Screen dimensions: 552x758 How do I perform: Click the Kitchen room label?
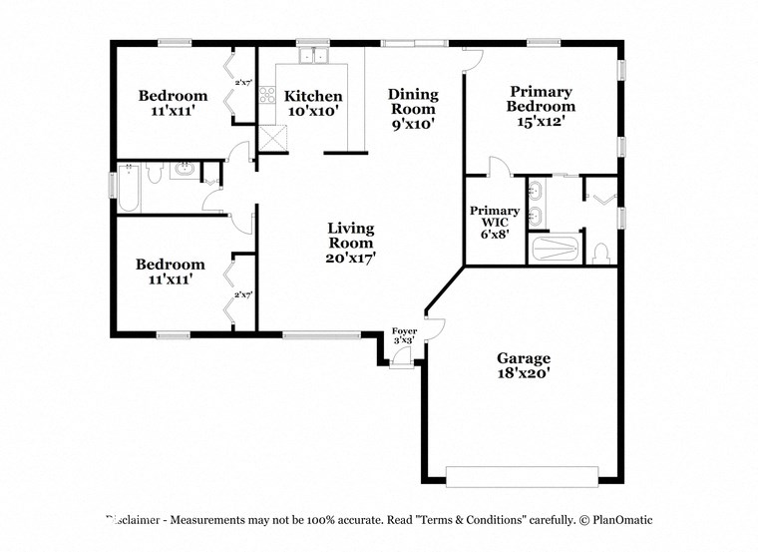click(313, 104)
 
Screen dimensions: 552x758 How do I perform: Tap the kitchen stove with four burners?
click(267, 96)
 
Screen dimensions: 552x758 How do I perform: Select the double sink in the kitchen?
click(314, 57)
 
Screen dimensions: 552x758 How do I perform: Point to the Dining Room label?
click(412, 108)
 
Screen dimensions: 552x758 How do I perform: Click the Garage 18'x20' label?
click(524, 365)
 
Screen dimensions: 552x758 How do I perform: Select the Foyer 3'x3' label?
click(404, 335)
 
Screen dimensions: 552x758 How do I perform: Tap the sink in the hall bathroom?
click(183, 170)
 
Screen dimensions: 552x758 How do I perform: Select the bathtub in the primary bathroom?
click(555, 249)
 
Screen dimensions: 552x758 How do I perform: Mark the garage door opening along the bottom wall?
click(523, 475)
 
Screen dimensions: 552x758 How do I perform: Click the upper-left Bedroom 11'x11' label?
click(173, 104)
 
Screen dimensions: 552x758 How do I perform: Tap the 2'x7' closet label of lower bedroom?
click(242, 295)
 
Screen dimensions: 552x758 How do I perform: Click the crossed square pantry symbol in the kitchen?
click(271, 138)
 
